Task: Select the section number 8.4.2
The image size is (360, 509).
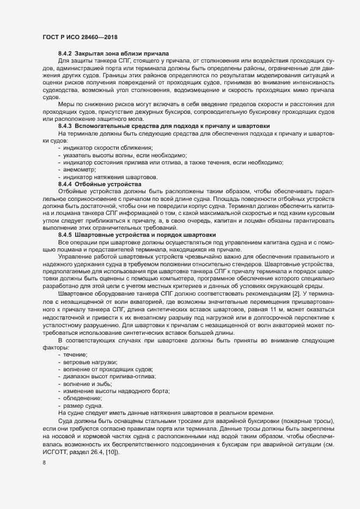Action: tap(65, 54)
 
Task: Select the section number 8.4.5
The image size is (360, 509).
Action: tap(65, 234)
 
